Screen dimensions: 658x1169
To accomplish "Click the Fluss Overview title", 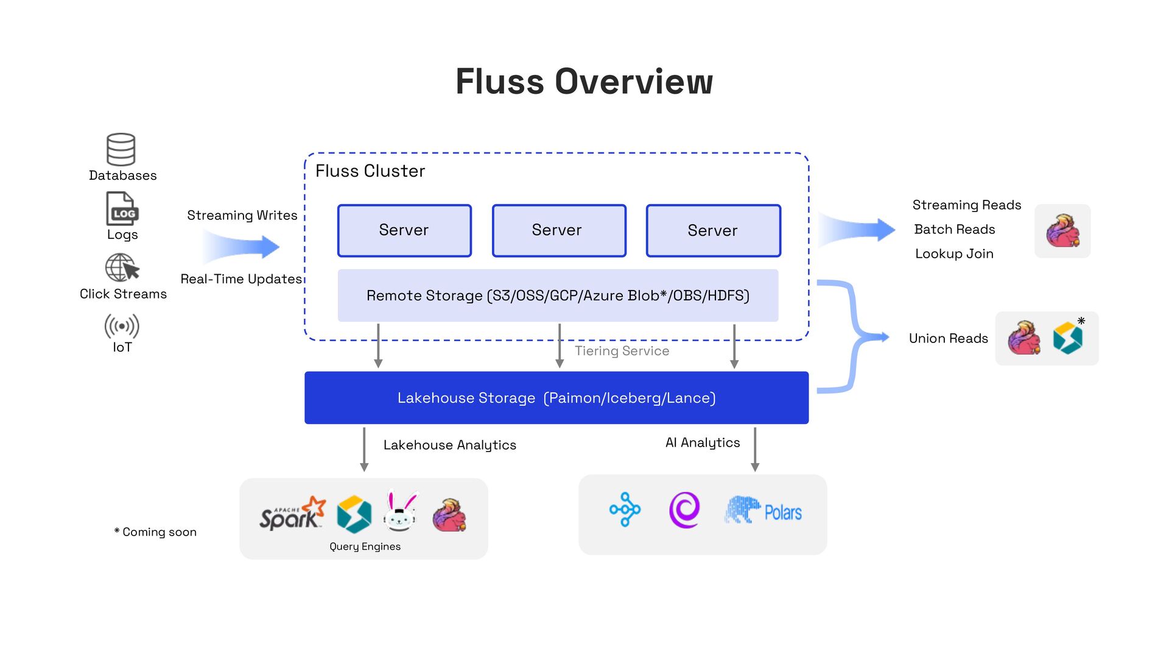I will [x=584, y=82].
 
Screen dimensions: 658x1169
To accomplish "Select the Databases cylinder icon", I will [x=121, y=149].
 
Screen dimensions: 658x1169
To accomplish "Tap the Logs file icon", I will [x=122, y=209].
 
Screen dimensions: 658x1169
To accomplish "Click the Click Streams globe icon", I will [x=122, y=267].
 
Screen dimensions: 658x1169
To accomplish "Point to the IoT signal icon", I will [x=122, y=326].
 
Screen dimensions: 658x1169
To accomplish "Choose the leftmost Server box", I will [x=404, y=230].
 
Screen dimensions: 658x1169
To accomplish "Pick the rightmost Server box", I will [x=713, y=230].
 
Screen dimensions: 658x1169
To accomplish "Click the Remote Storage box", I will [x=558, y=295].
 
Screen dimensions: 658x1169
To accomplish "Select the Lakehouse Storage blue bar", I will [x=556, y=398].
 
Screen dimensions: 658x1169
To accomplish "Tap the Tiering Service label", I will [x=622, y=351].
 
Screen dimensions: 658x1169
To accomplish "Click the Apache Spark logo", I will [x=292, y=514].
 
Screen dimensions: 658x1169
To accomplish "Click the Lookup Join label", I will [x=954, y=254].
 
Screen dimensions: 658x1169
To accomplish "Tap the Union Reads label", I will [x=948, y=339].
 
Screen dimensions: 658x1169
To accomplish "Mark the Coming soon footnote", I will [x=156, y=532].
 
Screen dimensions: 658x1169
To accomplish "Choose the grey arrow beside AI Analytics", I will [x=755, y=450].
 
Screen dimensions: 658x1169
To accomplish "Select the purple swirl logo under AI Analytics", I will [x=684, y=510].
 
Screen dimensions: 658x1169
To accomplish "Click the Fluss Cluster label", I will [x=370, y=171].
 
